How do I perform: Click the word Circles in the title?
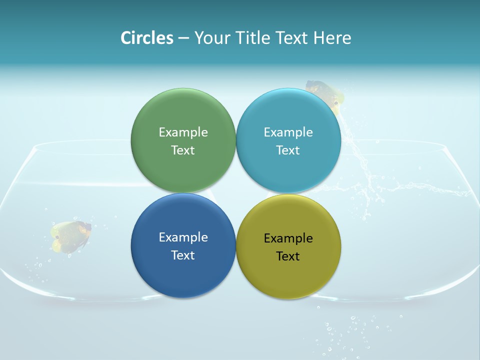coord(147,38)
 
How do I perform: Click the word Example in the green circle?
coord(183,132)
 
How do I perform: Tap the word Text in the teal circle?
coord(288,150)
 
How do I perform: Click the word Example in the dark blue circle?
coord(183,237)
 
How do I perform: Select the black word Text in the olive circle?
coord(288,256)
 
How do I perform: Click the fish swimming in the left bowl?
coord(71,235)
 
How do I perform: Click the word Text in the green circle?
coord(183,150)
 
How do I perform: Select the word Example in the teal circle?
coord(288,132)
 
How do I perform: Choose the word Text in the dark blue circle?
coord(183,255)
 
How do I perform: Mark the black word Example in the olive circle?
coord(288,238)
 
